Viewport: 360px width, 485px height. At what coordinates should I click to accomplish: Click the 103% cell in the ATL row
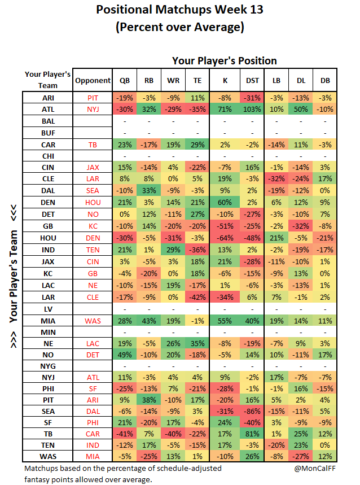point(252,110)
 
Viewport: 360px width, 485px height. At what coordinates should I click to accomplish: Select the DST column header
point(252,80)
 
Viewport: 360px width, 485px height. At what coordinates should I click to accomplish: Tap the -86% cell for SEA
point(252,412)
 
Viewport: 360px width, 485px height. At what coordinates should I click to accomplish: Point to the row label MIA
point(48,321)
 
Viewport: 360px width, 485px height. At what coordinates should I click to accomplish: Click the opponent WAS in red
point(93,321)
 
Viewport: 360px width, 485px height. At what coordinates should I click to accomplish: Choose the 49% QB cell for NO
point(125,355)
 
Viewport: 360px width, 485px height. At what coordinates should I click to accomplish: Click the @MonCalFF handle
point(314,468)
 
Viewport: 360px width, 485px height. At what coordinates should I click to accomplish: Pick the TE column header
point(197,80)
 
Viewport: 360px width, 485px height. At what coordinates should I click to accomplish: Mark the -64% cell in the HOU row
point(225,238)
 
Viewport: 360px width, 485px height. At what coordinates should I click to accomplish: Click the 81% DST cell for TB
point(252,434)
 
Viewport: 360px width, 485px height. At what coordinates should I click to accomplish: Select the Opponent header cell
point(93,80)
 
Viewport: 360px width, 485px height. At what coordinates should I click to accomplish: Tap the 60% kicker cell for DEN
point(225,203)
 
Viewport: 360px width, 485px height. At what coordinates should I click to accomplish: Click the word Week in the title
point(230,10)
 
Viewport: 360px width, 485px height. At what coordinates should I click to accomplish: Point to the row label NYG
point(48,366)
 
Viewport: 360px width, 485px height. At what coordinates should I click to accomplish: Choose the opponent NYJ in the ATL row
point(93,110)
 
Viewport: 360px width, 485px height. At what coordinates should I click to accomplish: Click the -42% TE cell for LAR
point(197,297)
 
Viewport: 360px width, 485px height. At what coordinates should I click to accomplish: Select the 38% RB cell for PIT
point(149,400)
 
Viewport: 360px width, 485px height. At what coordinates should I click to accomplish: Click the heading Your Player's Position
point(225,61)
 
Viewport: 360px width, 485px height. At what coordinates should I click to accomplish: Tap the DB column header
point(325,80)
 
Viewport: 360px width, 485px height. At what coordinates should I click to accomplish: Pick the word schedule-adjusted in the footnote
point(189,469)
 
